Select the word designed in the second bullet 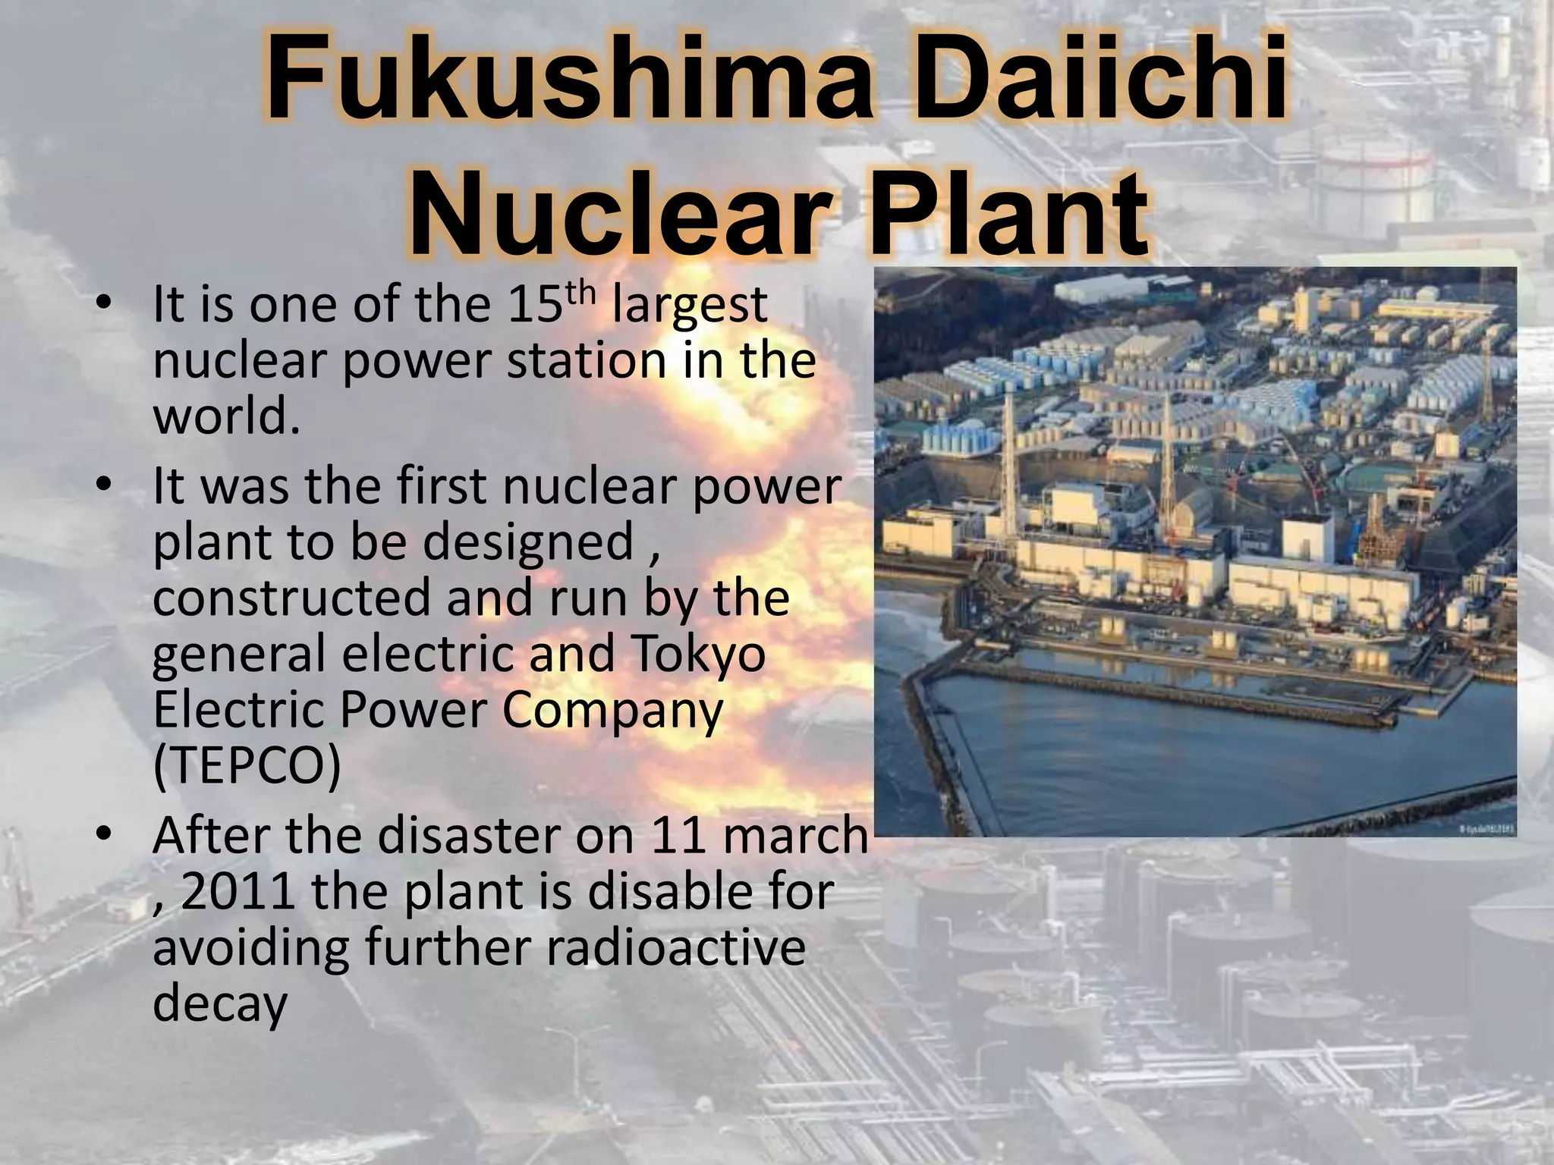point(527,542)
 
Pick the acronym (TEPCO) point(247,766)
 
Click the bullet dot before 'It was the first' point(105,485)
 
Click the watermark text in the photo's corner point(1485,831)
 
